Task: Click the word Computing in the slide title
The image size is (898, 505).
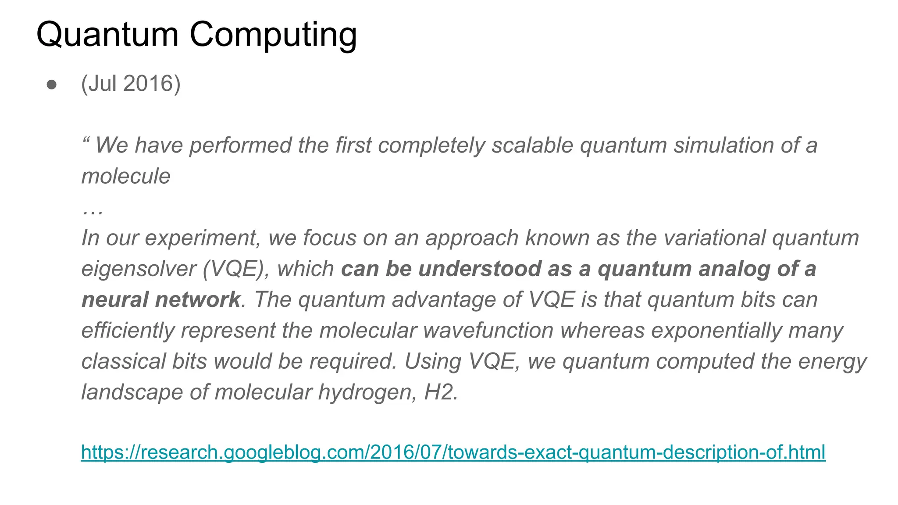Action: [273, 35]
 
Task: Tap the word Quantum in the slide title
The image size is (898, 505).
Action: [107, 35]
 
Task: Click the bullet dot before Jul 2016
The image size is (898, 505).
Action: [52, 85]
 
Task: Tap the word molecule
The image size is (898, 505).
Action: [126, 176]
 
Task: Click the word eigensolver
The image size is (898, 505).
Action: [139, 269]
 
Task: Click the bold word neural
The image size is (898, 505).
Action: [115, 300]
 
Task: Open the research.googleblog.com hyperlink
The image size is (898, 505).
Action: [453, 452]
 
